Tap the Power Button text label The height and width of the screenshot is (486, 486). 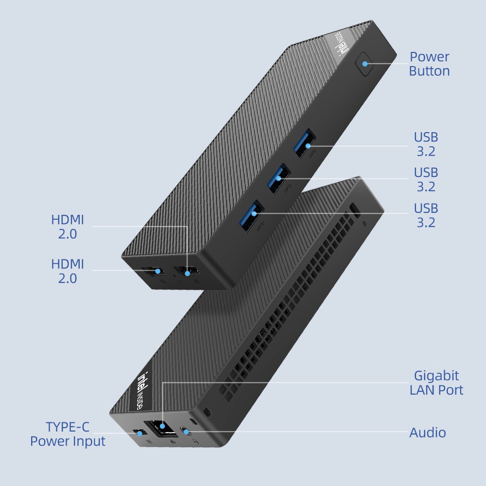429,64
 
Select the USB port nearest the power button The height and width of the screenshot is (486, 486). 305,143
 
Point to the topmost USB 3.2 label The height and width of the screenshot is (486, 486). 426,144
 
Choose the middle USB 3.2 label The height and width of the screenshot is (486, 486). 426,179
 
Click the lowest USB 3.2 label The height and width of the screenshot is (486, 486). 426,215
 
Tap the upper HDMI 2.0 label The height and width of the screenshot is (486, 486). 68,227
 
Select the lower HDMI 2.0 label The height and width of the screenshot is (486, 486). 68,271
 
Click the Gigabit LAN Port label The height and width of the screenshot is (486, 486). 436,382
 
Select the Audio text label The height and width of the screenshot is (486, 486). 428,433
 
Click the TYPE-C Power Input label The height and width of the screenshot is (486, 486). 68,434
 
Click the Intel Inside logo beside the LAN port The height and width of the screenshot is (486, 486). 144,386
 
